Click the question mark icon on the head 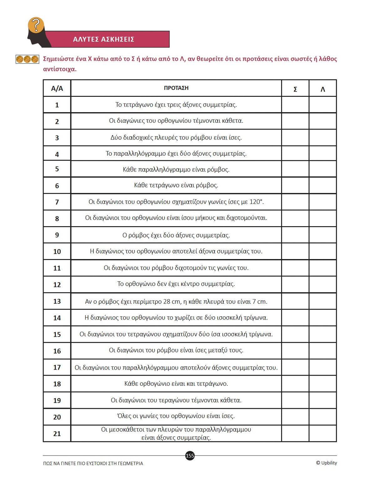point(36,25)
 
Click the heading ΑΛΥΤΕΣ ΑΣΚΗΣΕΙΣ point(104,39)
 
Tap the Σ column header point(295,89)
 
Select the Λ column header point(323,89)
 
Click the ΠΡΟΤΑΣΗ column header point(176,88)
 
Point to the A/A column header point(57,89)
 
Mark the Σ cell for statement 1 point(295,105)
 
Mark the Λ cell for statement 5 point(323,169)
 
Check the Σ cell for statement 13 point(295,301)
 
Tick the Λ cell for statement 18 point(323,384)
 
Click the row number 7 point(57,202)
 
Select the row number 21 point(57,434)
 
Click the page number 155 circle point(190,455)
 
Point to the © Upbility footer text point(326,463)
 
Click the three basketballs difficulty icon point(27,59)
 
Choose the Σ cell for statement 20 point(295,417)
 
